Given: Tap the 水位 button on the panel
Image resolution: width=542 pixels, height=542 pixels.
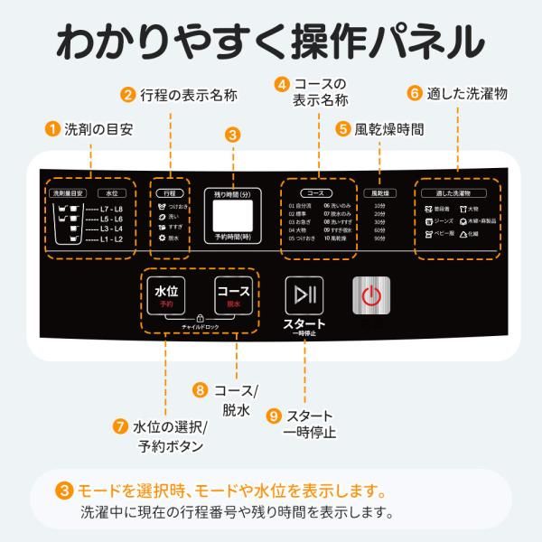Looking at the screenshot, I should point(166,296).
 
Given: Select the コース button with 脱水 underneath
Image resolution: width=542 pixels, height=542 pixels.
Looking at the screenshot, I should point(232,296).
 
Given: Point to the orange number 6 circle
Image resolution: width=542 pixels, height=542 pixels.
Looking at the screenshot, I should point(415,92).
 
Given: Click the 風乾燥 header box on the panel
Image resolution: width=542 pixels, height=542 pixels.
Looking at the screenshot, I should point(378,192).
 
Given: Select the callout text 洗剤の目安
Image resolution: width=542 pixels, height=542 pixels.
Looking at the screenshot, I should point(98,129).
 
